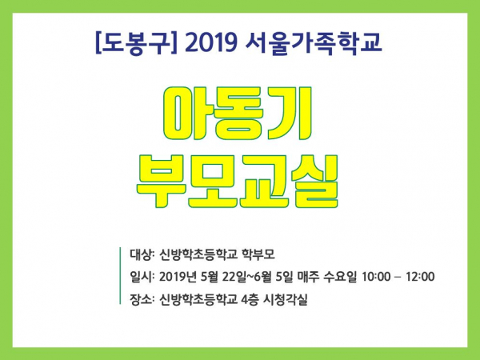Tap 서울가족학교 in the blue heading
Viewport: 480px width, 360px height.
point(314,43)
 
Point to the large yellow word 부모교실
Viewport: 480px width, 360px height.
point(237,182)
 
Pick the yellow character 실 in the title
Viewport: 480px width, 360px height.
point(314,182)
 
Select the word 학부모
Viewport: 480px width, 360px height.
point(258,254)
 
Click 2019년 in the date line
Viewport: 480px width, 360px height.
point(178,277)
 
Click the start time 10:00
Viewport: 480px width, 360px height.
point(377,277)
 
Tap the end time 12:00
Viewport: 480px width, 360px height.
point(420,277)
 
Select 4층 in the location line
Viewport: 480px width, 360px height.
point(250,299)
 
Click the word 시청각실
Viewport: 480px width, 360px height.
point(286,299)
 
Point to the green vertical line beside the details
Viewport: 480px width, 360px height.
point(120,275)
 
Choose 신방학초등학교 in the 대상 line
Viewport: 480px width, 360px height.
point(198,254)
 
